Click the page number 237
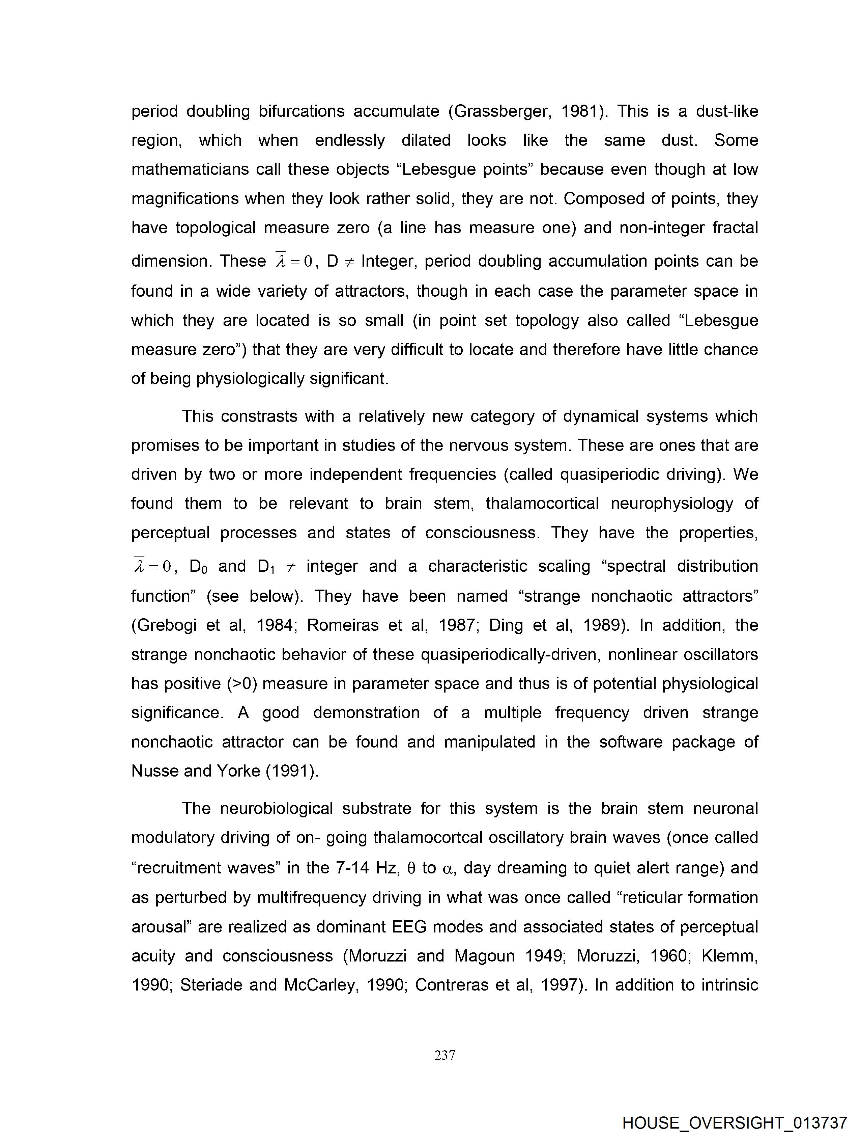click(x=445, y=1055)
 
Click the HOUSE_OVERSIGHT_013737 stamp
click(x=734, y=1122)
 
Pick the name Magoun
click(x=484, y=956)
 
